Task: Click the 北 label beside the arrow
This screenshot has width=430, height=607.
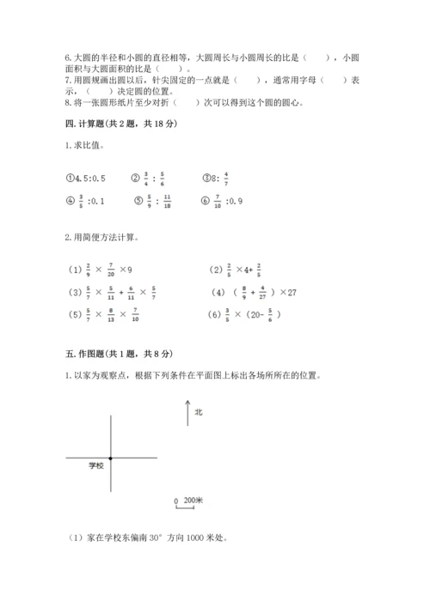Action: click(x=199, y=412)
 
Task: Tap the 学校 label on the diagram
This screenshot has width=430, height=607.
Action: click(x=95, y=466)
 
